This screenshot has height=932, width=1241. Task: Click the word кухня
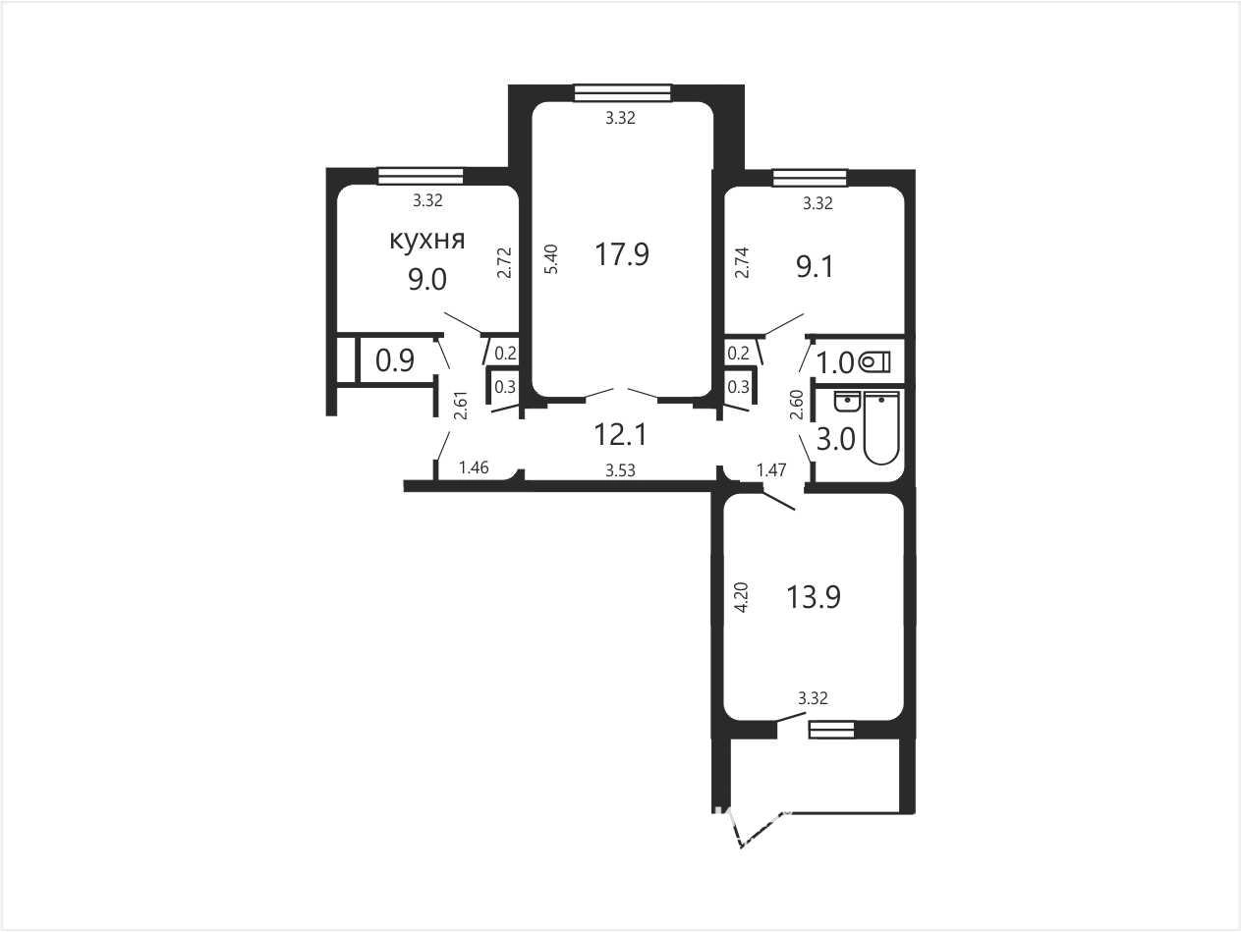click(427, 240)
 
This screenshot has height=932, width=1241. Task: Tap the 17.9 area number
click(622, 253)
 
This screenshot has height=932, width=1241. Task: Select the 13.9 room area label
click(814, 596)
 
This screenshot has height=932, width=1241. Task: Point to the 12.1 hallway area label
click(620, 434)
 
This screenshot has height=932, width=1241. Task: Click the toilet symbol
click(874, 361)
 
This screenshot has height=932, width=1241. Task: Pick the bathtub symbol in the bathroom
click(881, 427)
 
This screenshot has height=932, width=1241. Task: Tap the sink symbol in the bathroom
click(847, 401)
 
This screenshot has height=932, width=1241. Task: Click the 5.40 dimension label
click(551, 259)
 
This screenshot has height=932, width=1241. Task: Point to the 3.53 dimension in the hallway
click(620, 470)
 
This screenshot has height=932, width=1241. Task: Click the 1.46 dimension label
click(474, 467)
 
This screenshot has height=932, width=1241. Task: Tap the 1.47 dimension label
click(771, 470)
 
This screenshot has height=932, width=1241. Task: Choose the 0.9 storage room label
click(395, 360)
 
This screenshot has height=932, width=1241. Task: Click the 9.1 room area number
click(815, 266)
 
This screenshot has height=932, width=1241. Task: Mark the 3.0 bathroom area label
click(836, 439)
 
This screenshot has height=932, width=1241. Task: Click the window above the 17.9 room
click(623, 92)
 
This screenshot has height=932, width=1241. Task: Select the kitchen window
click(421, 176)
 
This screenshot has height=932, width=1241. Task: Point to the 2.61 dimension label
click(461, 405)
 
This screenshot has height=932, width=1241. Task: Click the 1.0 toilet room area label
click(835, 362)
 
